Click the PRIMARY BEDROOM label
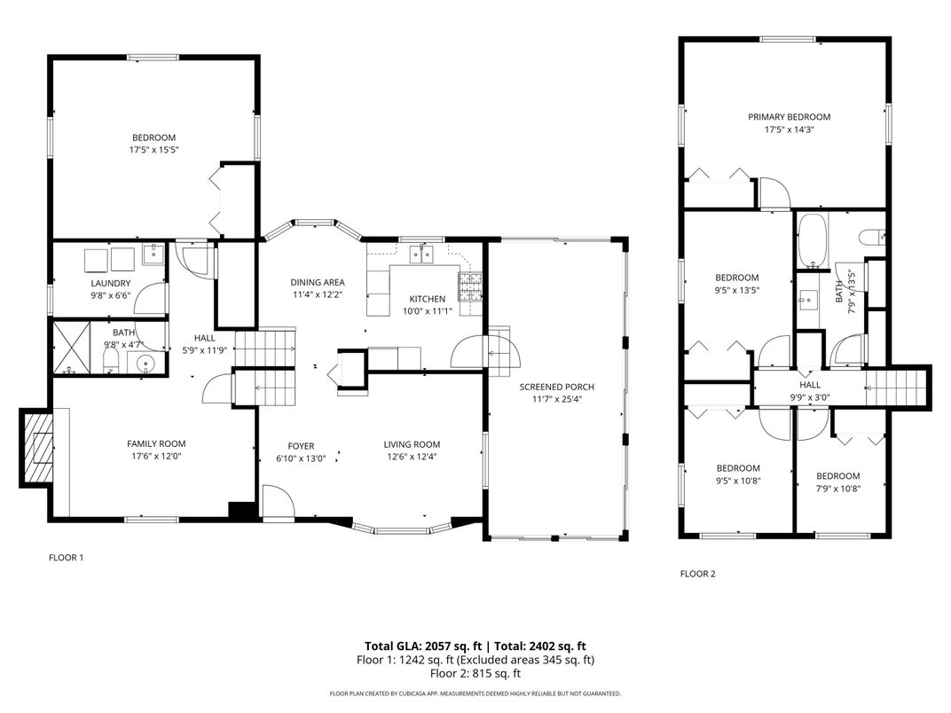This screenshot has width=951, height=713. pos(789,117)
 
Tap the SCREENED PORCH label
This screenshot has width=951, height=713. pos(556,387)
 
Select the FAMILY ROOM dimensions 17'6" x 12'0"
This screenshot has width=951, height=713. pos(156,457)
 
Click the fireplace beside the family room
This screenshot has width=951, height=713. pos(37,447)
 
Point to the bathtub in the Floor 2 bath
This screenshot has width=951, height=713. pos(811,240)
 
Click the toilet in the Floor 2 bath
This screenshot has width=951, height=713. pos(871,237)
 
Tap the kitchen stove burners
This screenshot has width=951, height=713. pos(471,287)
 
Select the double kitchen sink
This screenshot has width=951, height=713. pos(420,255)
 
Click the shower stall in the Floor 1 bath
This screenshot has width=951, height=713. pos(72,348)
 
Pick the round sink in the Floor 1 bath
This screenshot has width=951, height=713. pos(145,364)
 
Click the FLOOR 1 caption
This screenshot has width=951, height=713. pos(66,558)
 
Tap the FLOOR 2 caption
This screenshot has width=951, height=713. pos(697,574)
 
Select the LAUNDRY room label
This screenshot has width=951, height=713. pos(110,283)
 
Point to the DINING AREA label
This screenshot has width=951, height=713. pos(318,283)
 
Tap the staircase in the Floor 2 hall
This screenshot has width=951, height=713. pos(896,388)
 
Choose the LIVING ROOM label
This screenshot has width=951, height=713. pos(412,444)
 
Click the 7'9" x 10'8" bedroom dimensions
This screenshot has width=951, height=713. pos(837,489)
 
